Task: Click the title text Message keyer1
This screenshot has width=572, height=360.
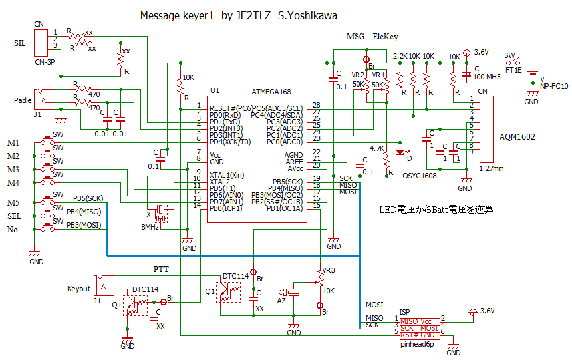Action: tap(177, 16)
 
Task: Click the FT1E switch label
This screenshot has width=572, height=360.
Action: tap(513, 69)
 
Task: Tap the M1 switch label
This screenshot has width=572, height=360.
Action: tap(13, 143)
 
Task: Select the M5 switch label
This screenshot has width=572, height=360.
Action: tap(13, 202)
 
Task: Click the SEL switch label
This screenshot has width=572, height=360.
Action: tap(14, 216)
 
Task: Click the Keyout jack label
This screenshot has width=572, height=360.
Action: tap(78, 289)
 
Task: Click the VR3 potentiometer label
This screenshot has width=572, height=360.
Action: tap(329, 270)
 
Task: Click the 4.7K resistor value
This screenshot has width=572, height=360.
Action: tap(378, 148)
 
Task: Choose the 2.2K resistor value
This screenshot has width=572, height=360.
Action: tap(400, 56)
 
